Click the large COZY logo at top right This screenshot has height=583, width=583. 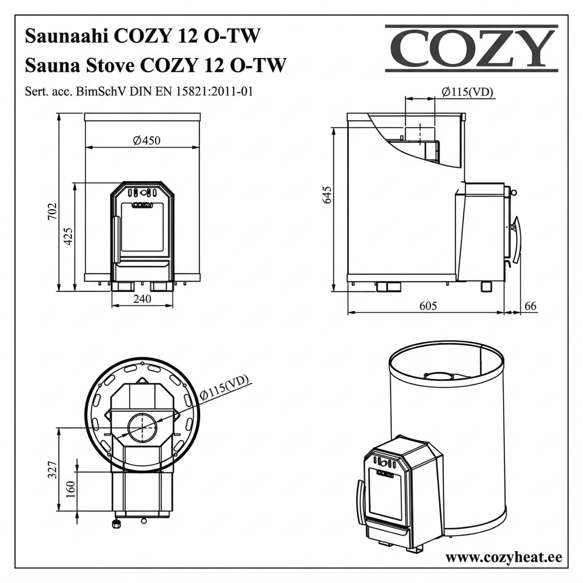tap(471, 48)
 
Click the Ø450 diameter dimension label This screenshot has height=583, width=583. tap(146, 140)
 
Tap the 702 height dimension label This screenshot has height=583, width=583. tap(53, 211)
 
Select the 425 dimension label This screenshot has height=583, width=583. tap(68, 236)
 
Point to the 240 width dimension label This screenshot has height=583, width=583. tap(142, 299)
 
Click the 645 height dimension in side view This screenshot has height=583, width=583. tap(327, 195)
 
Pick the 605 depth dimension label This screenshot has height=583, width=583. tap(428, 306)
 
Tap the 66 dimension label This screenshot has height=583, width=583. tap(530, 306)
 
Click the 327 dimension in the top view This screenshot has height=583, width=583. tap(53, 470)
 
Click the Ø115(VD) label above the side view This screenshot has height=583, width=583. tap(467, 92)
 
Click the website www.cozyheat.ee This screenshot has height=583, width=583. tap(504, 557)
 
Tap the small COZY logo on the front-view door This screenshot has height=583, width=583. tap(143, 205)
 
